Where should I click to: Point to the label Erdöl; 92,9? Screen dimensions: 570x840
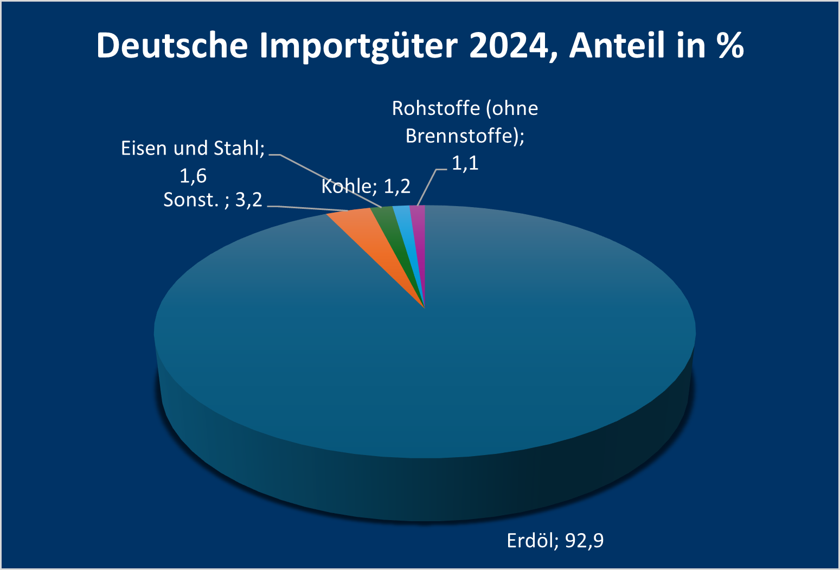click(x=555, y=541)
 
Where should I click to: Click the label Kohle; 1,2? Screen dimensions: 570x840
click(x=366, y=187)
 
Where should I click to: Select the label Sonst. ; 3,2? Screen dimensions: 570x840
click(x=213, y=200)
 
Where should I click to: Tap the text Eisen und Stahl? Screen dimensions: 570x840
click(x=193, y=149)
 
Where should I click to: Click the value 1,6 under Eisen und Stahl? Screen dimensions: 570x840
click(x=193, y=176)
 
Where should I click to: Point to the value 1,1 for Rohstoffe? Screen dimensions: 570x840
click(x=465, y=163)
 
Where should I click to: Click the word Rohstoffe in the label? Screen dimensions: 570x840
click(x=435, y=108)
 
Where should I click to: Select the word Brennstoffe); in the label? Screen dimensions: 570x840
click(x=465, y=136)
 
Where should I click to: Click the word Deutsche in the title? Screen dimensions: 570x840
click(x=172, y=45)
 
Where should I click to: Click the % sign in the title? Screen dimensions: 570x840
click(x=730, y=45)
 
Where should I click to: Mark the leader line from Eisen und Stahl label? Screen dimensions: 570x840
click(x=325, y=178)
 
